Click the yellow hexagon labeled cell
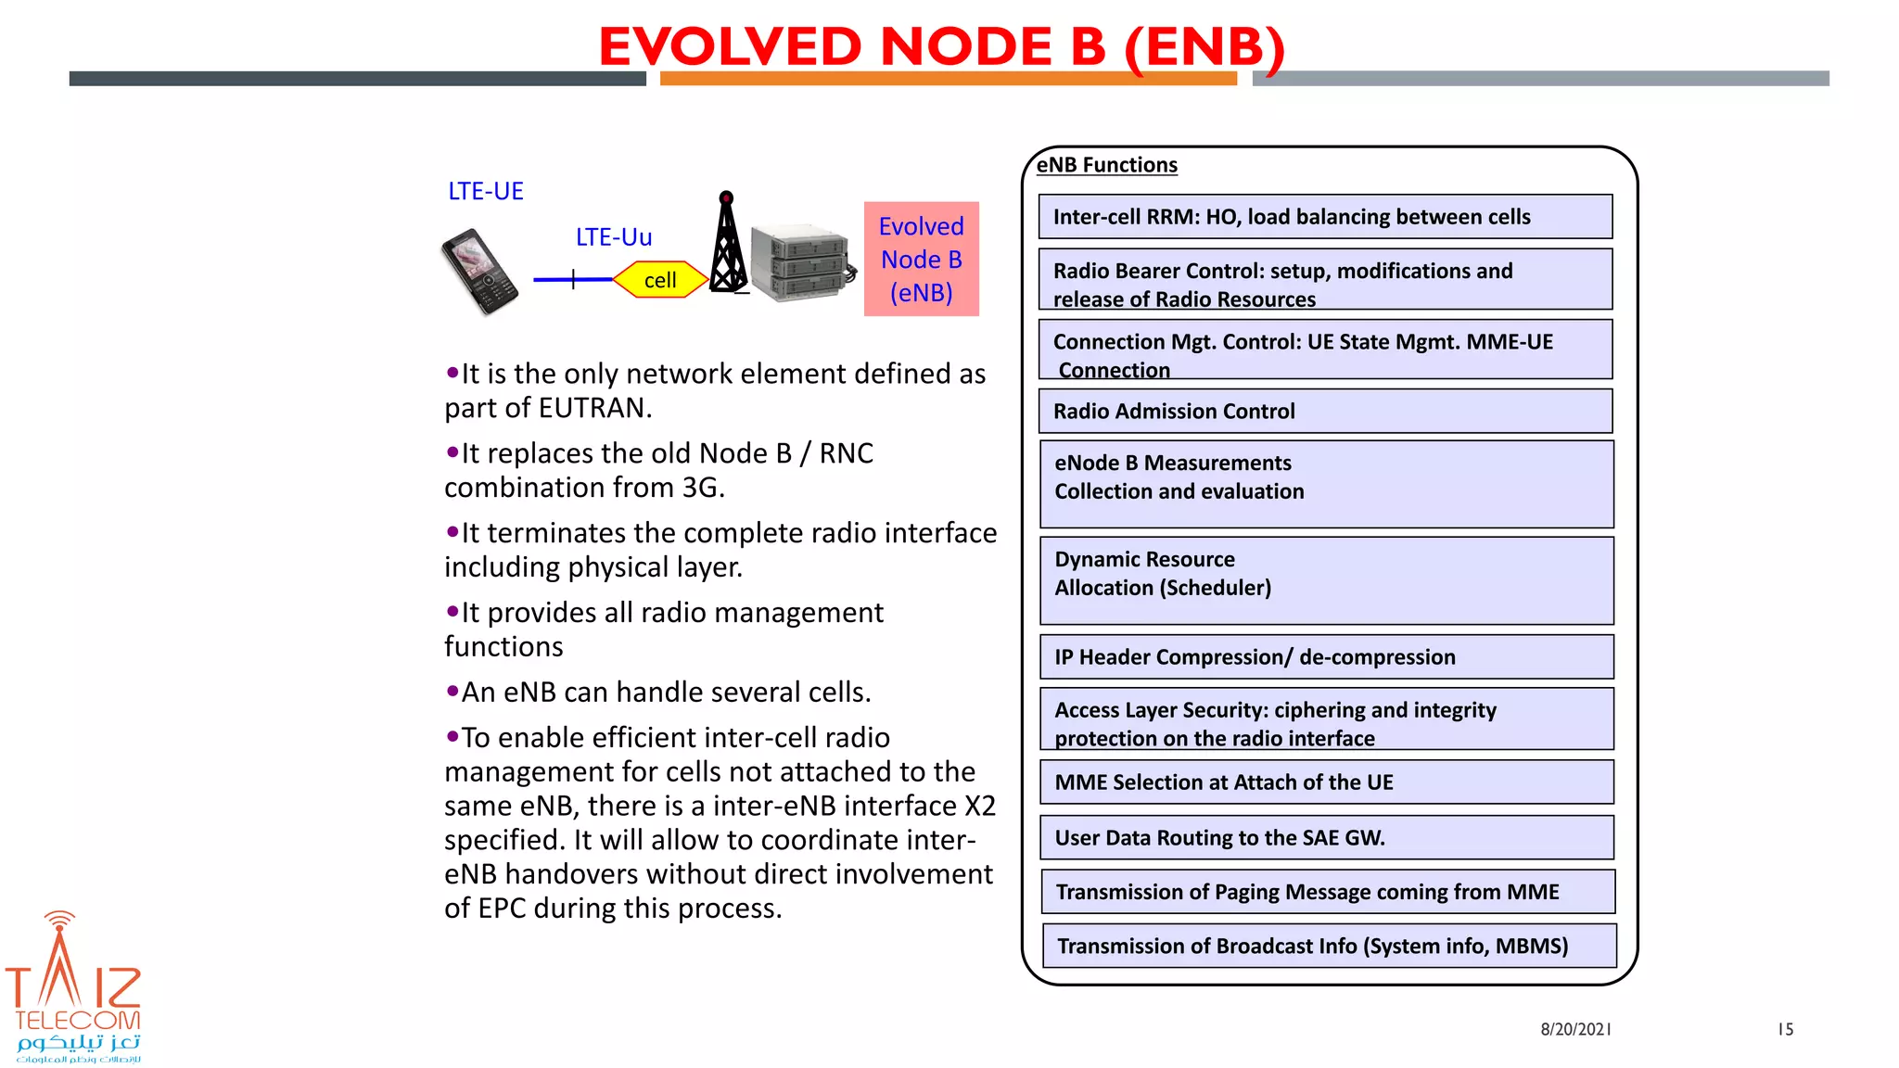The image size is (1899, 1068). click(660, 280)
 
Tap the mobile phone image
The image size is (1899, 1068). click(479, 272)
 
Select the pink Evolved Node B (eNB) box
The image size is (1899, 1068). click(921, 260)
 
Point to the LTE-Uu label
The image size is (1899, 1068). click(613, 237)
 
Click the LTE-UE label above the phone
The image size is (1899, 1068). click(485, 191)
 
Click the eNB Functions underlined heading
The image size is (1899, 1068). click(1106, 165)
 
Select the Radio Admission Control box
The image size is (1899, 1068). click(1325, 411)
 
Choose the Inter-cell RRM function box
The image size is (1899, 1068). click(1325, 217)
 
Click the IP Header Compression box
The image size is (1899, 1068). click(1326, 657)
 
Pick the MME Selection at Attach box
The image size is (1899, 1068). click(1326, 782)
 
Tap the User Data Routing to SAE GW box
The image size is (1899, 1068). click(1326, 838)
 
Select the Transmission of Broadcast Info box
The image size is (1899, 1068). click(1328, 946)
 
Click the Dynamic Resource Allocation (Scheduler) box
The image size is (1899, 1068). click(1326, 580)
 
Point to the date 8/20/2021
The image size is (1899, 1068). click(1575, 1029)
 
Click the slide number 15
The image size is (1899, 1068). click(1785, 1029)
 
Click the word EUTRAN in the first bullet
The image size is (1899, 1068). click(593, 408)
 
